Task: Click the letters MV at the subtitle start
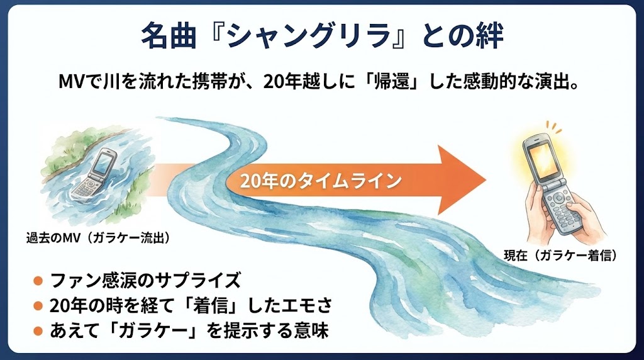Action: pyautogui.click(x=71, y=83)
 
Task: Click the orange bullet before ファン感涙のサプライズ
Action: pyautogui.click(x=38, y=279)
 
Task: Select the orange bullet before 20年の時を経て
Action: pyautogui.click(x=38, y=306)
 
